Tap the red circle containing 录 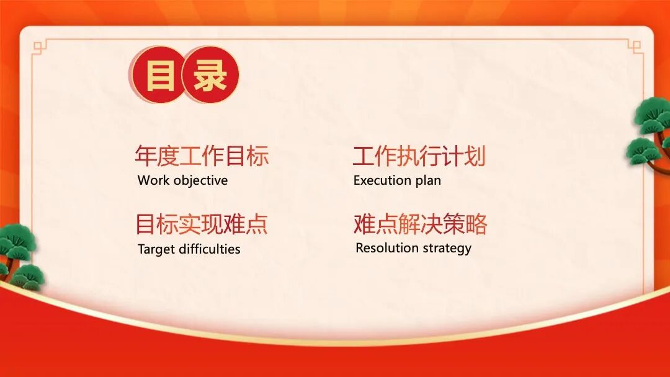coord(210,74)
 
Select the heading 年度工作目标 coord(202,156)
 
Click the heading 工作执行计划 coord(419,156)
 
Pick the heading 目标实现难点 coord(202,224)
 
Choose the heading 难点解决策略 coord(421,224)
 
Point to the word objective coord(200,181)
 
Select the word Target coord(156,249)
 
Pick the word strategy coord(447,249)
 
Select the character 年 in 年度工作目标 coord(145,156)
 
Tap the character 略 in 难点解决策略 coord(476,224)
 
